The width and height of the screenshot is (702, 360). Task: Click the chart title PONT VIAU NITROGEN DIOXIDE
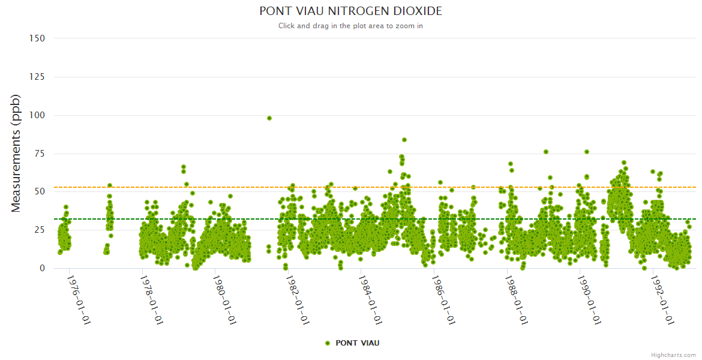click(350, 11)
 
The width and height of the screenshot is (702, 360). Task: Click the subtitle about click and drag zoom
click(350, 26)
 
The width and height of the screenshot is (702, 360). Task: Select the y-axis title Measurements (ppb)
click(16, 153)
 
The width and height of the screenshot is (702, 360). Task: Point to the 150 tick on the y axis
click(37, 38)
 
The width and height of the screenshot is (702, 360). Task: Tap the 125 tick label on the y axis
click(37, 77)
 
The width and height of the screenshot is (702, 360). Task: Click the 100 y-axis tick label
click(37, 115)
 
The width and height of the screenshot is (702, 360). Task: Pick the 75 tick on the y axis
click(40, 154)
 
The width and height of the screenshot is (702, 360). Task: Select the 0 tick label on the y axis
click(42, 268)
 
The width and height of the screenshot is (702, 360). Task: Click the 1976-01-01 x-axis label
click(79, 300)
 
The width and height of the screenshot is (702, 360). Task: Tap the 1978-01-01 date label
click(152, 300)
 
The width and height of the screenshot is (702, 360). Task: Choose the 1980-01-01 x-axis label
click(224, 300)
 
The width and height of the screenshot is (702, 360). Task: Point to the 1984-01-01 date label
click(370, 300)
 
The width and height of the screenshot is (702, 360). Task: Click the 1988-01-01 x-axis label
click(517, 300)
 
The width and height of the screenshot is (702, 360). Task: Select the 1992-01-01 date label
click(662, 300)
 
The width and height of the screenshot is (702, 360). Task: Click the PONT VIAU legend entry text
click(358, 343)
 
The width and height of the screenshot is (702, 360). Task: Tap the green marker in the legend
click(328, 343)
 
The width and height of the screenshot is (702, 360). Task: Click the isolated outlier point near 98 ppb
click(269, 118)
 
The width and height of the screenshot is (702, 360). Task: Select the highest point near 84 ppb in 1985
click(404, 140)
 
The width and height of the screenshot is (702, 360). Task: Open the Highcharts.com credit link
click(673, 355)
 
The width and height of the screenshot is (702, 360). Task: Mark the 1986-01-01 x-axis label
click(443, 300)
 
